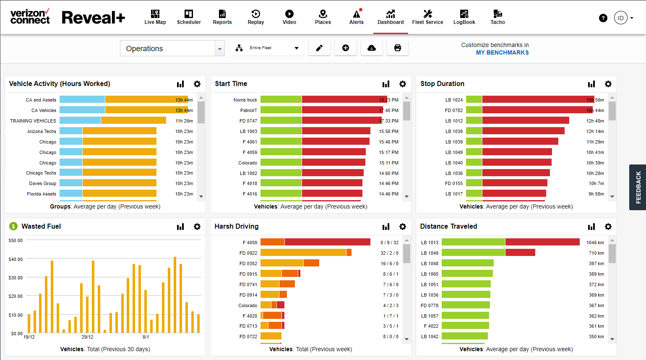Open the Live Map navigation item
155,17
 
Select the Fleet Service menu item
427,17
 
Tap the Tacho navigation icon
498,17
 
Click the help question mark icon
603,18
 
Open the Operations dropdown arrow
219,49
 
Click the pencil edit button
319,48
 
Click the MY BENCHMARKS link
502,52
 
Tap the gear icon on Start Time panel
402,84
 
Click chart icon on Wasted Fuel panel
180,227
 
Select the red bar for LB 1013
542,242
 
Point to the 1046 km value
595,243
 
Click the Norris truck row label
245,100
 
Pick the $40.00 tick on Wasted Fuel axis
16,259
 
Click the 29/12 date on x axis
87,337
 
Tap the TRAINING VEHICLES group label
33,121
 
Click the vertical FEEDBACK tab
638,187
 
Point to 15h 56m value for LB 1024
595,100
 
